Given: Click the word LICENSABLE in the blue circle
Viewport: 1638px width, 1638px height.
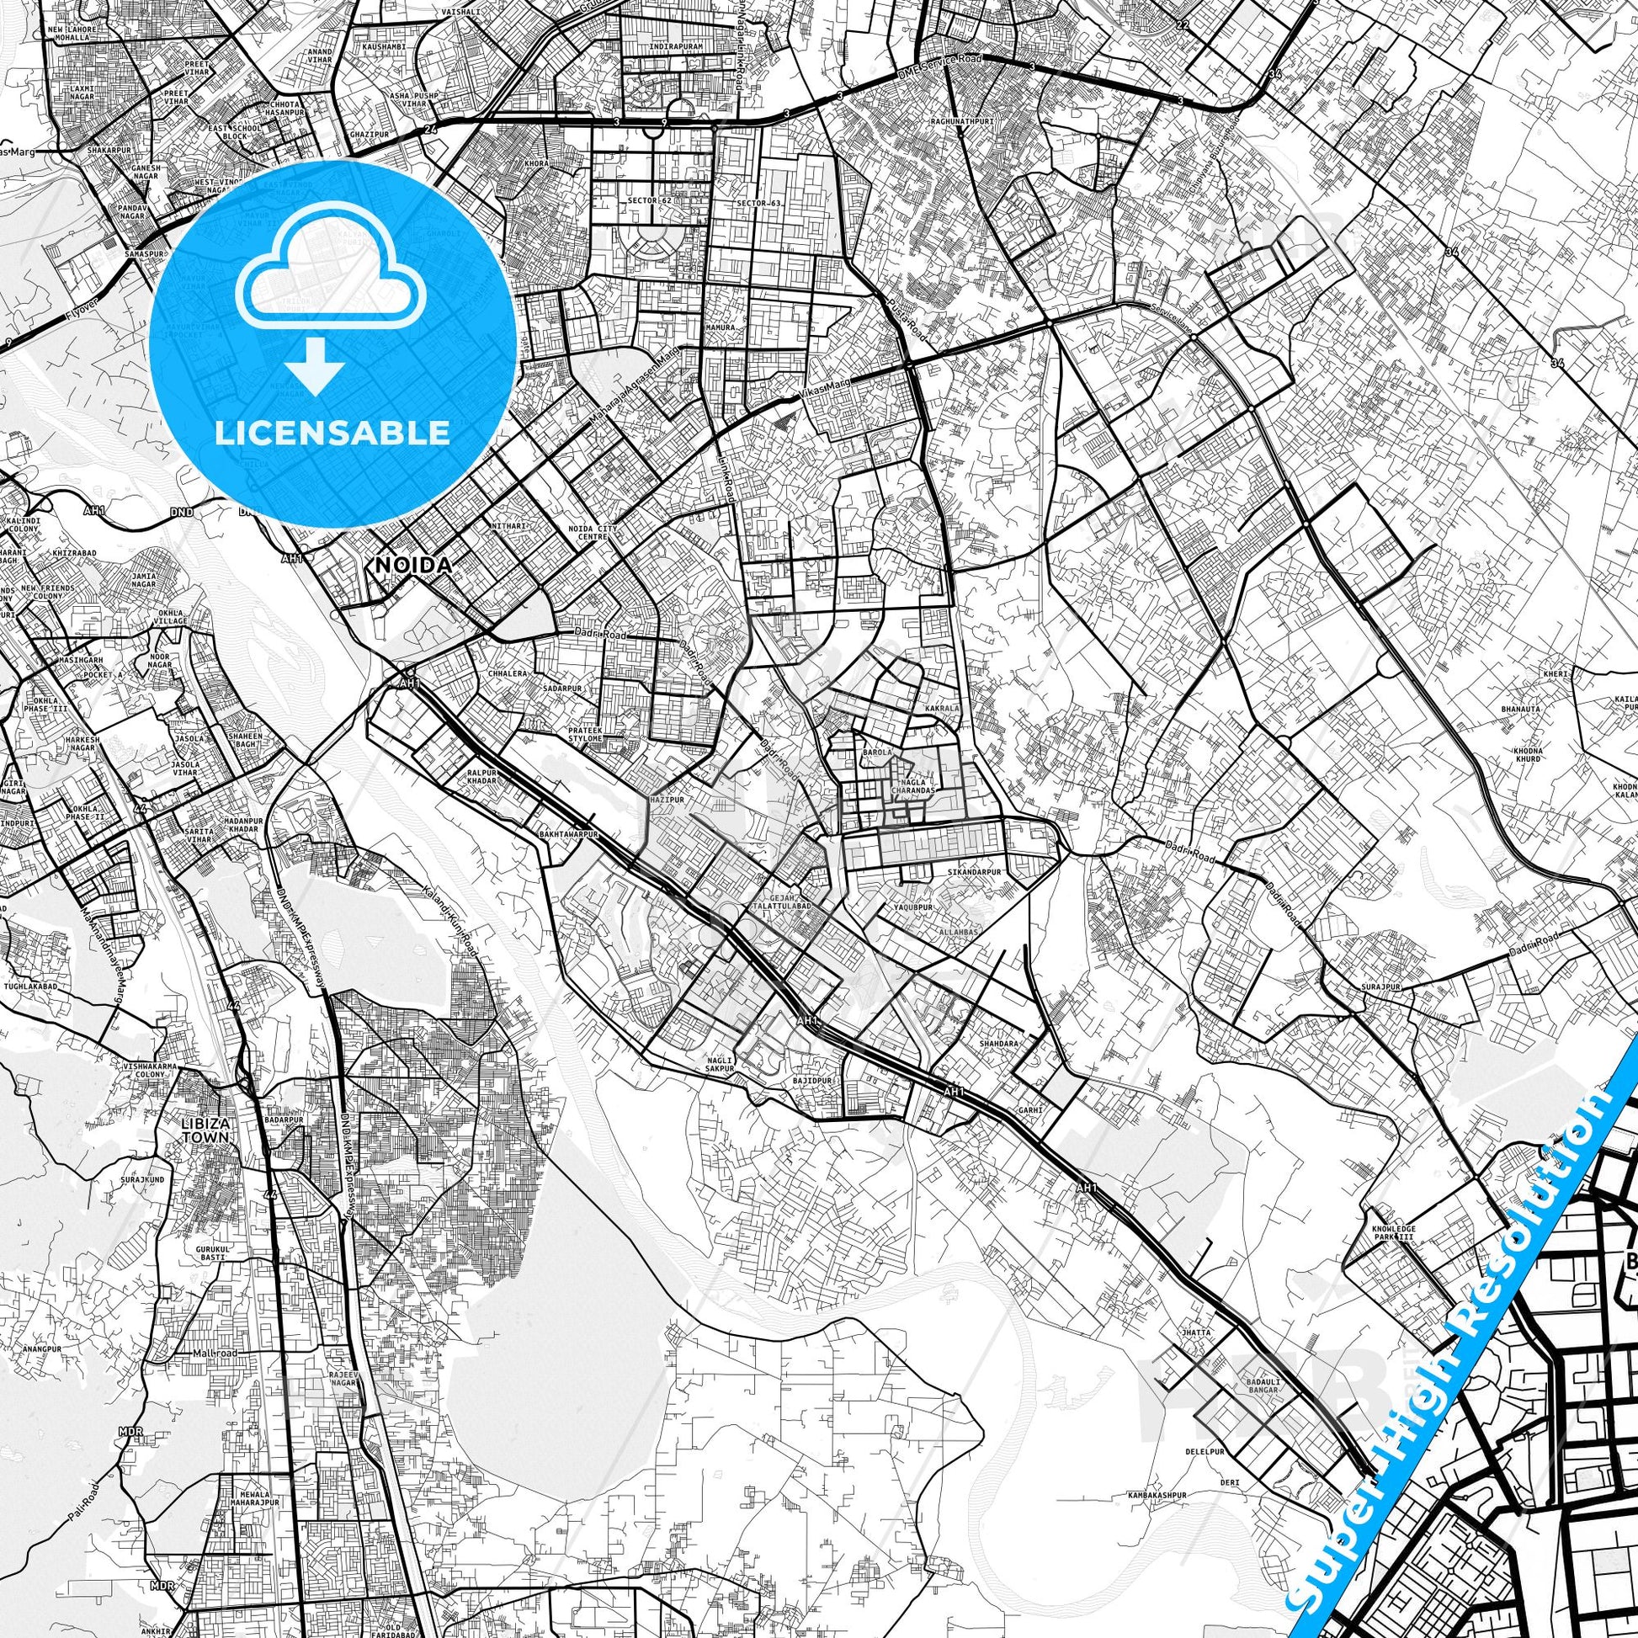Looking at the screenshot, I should coord(332,433).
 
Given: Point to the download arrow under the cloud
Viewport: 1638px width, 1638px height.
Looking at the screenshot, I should coord(315,366).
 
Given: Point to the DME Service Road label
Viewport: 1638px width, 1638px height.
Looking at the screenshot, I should coord(939,67).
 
